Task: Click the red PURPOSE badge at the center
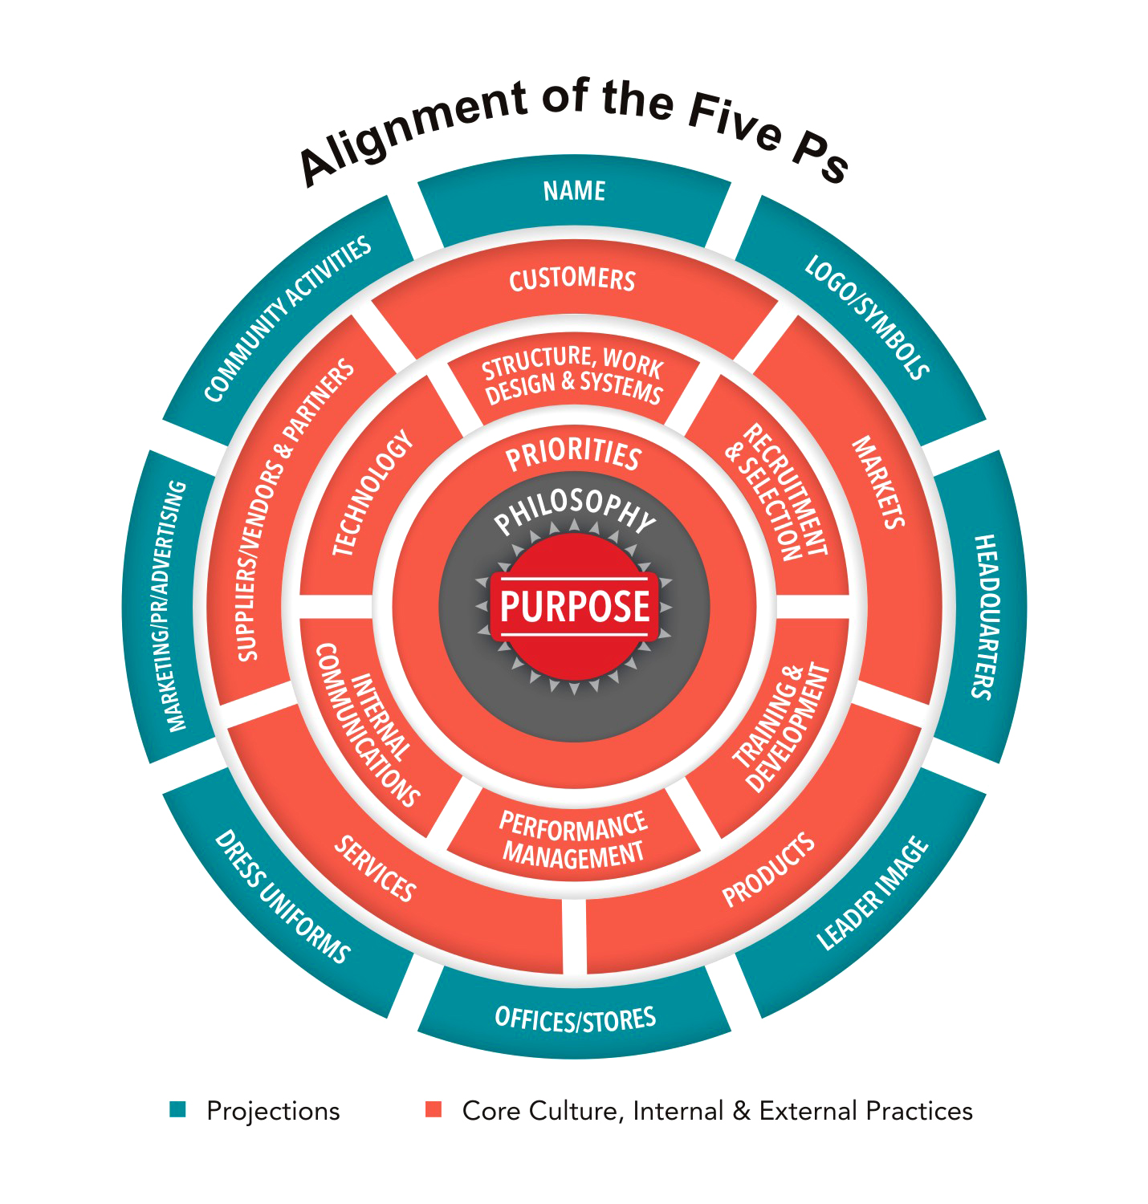point(574,606)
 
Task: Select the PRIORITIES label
point(573,454)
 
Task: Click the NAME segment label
point(574,191)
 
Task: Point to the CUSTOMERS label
point(572,279)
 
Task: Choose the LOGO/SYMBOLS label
point(867,317)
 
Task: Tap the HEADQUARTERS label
point(984,616)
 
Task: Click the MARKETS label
point(878,482)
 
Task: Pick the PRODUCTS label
point(768,871)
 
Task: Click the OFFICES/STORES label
point(576,1019)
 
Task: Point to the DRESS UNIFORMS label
point(282,897)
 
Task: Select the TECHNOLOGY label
point(373,494)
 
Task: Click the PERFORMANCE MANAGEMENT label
point(573,840)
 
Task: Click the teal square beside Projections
point(177,1110)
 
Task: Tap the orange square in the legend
point(434,1110)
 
